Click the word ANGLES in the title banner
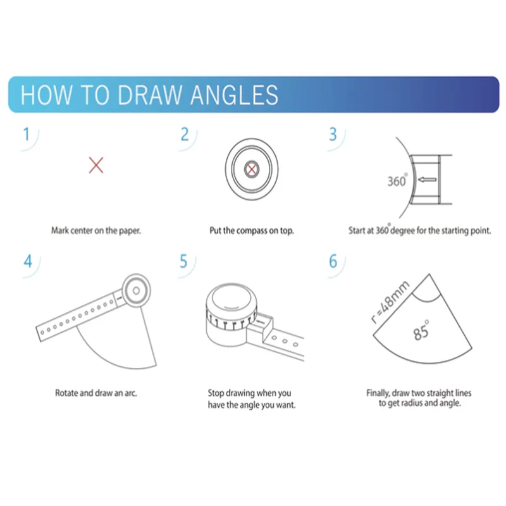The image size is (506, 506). click(x=234, y=95)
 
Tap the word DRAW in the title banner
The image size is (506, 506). click(x=149, y=95)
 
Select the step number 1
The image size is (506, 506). click(x=27, y=134)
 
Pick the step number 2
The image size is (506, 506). click(x=185, y=134)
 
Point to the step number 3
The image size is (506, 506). click(x=333, y=134)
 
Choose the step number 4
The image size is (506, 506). click(x=28, y=261)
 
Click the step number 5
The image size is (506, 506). click(x=183, y=261)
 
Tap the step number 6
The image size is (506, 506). click(x=333, y=261)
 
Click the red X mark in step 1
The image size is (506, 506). click(x=96, y=165)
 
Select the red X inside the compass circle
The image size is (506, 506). click(x=251, y=169)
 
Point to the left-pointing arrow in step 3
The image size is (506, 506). click(x=428, y=180)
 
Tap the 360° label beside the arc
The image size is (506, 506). click(x=397, y=180)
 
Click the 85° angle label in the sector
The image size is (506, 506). click(x=421, y=331)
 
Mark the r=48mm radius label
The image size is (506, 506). click(x=390, y=302)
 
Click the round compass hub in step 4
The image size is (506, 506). click(x=136, y=290)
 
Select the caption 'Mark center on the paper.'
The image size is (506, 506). click(x=96, y=230)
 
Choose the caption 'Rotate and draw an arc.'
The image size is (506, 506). click(x=96, y=393)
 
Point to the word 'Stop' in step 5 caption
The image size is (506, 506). click(x=215, y=393)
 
